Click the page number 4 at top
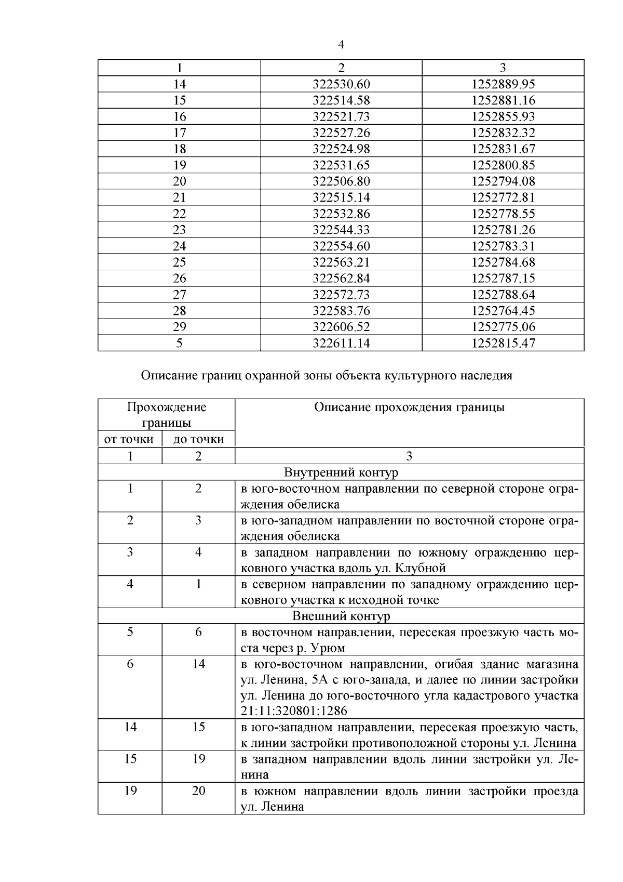pyautogui.click(x=341, y=45)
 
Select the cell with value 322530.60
pyautogui.click(x=341, y=84)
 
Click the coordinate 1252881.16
pyautogui.click(x=503, y=100)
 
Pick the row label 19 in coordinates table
pyautogui.click(x=179, y=165)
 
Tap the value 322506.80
pyautogui.click(x=341, y=181)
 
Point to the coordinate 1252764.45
pyautogui.click(x=503, y=311)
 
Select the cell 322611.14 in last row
pyautogui.click(x=341, y=343)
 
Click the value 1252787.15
pyautogui.click(x=503, y=278)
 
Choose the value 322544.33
pyautogui.click(x=341, y=230)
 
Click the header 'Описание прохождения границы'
pyautogui.click(x=409, y=407)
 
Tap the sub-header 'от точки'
pyautogui.click(x=129, y=440)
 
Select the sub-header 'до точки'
pyautogui.click(x=198, y=440)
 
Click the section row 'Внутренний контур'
pyautogui.click(x=341, y=472)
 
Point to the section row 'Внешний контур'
pyautogui.click(x=341, y=616)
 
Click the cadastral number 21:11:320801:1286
pyautogui.click(x=294, y=711)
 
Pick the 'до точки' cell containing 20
pyautogui.click(x=198, y=791)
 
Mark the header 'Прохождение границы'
pyautogui.click(x=166, y=414)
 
